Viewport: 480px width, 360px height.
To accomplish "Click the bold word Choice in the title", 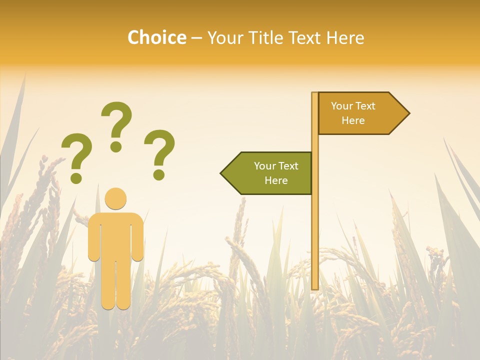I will pos(156,37).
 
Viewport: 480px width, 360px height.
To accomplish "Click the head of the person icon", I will pos(116,198).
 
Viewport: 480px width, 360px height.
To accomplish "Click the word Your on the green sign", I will pos(264,166).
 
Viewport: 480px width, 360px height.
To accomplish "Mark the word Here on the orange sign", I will pos(353,120).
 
